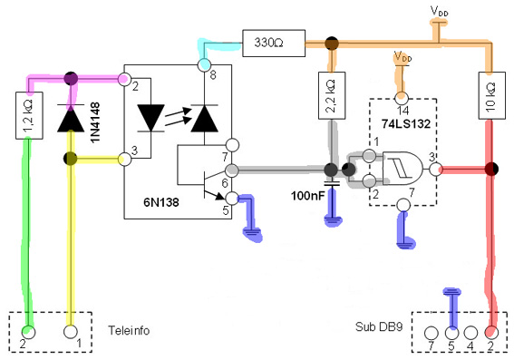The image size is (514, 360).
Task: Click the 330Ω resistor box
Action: click(274, 43)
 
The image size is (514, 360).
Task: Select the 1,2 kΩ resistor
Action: click(29, 115)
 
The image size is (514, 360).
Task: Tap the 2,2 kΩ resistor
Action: click(332, 95)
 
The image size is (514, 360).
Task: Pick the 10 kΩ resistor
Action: click(491, 95)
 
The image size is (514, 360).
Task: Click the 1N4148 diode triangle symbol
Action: click(71, 119)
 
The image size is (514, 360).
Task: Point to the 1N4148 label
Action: click(95, 122)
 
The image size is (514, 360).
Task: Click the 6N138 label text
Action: click(161, 202)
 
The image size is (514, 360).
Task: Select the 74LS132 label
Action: click(406, 123)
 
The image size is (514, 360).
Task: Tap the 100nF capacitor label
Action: click(307, 196)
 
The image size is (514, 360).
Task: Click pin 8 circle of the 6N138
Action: click(205, 64)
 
